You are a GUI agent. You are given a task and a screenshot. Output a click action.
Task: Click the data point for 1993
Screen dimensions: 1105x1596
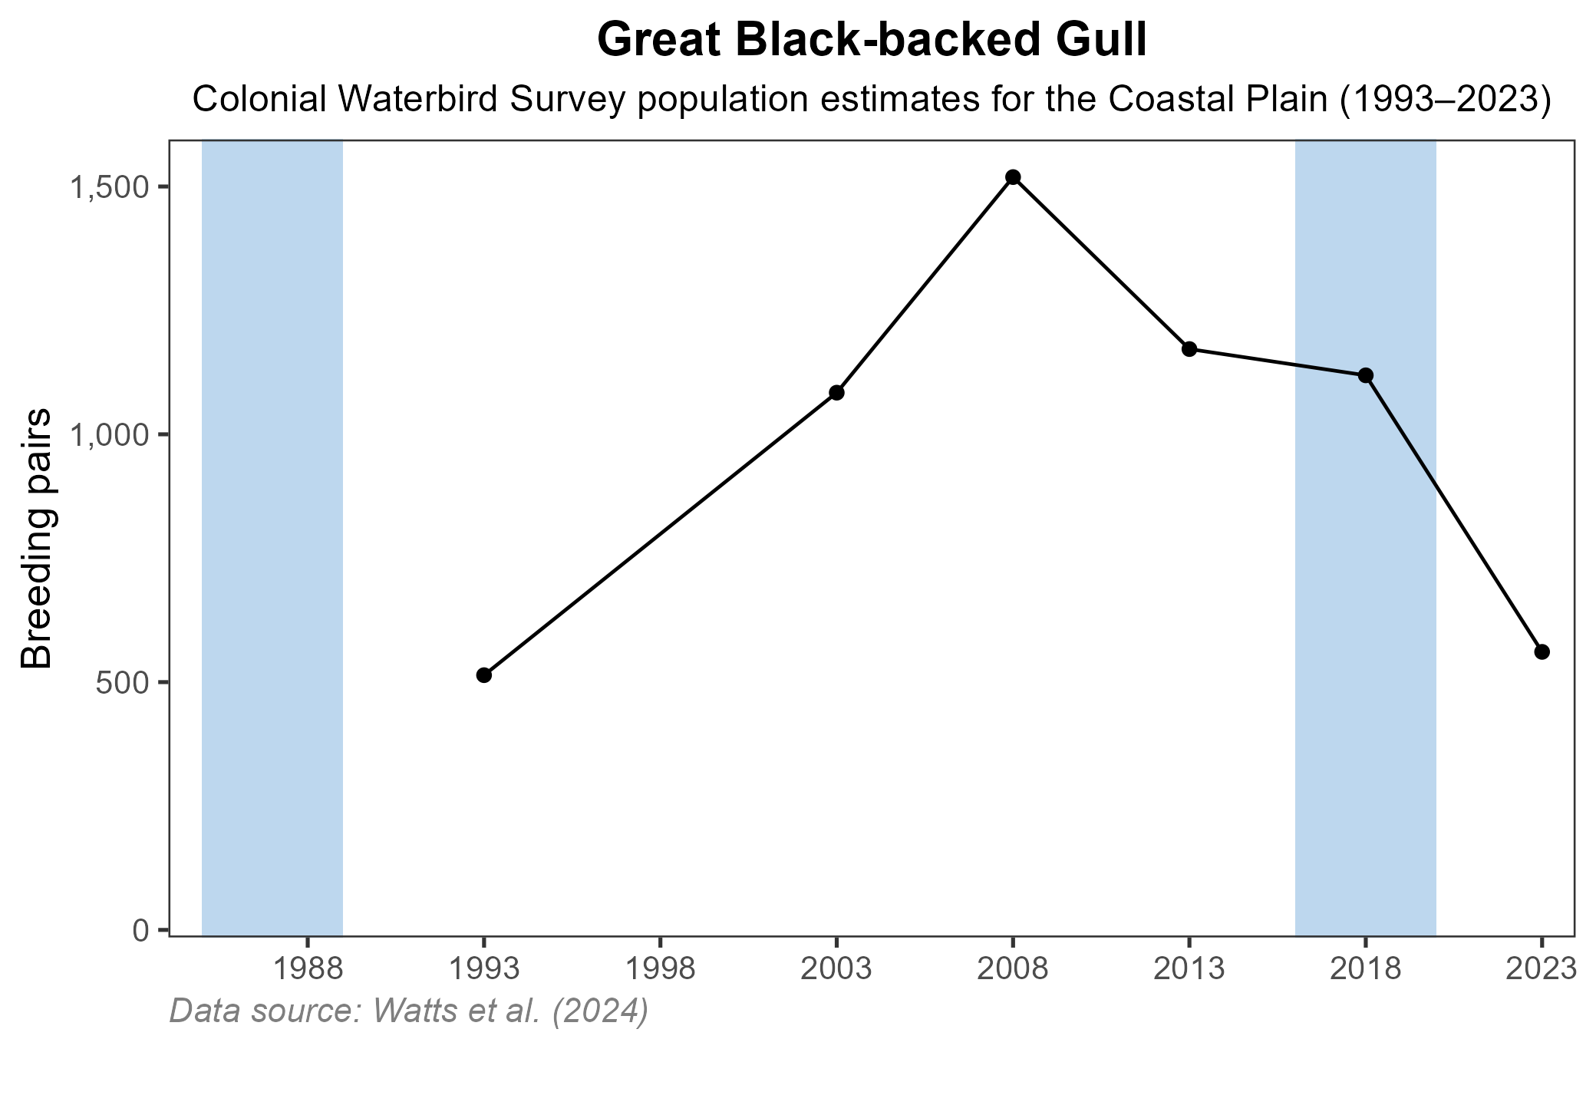pos(483,675)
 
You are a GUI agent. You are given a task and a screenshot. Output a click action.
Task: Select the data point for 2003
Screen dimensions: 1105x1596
pos(836,393)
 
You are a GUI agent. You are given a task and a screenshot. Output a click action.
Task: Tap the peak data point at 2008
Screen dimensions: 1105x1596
pos(1013,177)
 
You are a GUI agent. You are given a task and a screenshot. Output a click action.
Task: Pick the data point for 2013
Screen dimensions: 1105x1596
pos(1189,349)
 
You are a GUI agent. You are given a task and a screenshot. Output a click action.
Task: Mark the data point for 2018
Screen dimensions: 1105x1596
pos(1365,375)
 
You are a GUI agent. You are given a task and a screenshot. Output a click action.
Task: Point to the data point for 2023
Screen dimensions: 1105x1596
pos(1542,652)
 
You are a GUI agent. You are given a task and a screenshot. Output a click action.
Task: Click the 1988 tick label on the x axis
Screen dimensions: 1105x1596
pos(307,970)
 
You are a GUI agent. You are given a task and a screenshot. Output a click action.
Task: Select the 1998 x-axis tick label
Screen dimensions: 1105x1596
pos(660,970)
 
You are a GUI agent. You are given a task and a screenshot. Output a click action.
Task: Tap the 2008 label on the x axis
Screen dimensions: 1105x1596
pos(1013,970)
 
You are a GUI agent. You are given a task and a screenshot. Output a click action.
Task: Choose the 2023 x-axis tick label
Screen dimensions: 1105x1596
pos(1541,970)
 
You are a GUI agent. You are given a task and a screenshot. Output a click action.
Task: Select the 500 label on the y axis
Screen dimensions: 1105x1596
pos(121,683)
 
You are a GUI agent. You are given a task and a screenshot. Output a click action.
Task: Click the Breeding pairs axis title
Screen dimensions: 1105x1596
pos(36,537)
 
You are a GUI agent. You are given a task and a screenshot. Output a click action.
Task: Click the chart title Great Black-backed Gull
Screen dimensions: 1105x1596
pos(872,41)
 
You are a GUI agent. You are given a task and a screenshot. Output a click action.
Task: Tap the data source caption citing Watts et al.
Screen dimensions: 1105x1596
pos(409,1011)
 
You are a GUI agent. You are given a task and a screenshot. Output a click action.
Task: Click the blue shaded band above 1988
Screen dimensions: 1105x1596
pos(272,537)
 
